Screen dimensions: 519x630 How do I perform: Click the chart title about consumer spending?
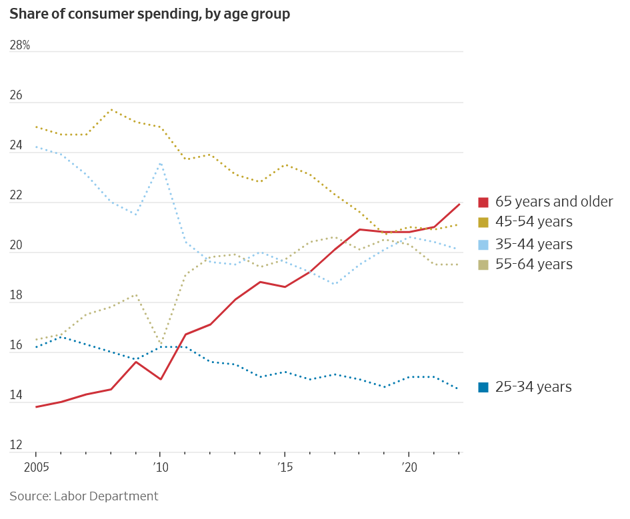149,14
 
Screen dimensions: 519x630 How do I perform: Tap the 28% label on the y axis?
20,45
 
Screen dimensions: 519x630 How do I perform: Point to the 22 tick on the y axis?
16,196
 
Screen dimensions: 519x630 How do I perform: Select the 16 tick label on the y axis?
16,346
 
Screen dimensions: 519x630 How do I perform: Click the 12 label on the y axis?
16,446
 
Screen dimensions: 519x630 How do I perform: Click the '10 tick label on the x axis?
160,468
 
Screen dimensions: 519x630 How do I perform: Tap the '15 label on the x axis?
284,468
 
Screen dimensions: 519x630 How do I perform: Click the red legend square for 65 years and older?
484,202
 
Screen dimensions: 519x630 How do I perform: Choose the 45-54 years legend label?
533,222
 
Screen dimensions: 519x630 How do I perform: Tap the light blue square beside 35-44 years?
484,245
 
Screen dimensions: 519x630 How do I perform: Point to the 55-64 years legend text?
533,264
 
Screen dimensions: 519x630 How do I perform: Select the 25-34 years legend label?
533,387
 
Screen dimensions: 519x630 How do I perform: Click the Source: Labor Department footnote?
84,496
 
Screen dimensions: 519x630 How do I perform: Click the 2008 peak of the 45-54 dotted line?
111,109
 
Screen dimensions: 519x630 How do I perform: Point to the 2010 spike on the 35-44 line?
161,163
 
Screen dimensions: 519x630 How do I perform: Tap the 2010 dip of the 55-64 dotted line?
161,344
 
